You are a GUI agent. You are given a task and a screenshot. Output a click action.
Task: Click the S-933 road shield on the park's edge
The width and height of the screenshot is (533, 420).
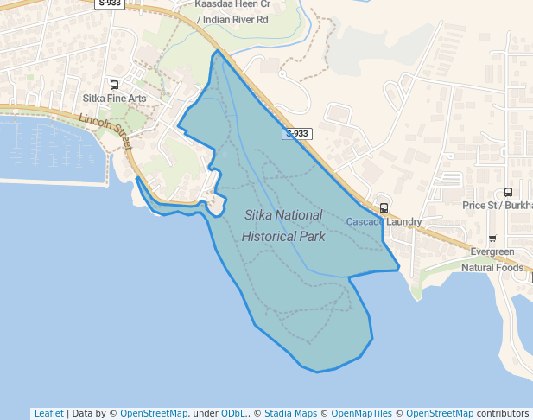tap(296, 134)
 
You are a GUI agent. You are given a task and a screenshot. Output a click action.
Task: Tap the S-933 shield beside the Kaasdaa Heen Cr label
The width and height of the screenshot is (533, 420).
tap(111, 3)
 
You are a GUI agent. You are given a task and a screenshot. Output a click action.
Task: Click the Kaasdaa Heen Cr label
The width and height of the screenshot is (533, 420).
tap(232, 4)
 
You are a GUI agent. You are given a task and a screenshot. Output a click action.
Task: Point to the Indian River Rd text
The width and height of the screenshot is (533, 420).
tap(232, 19)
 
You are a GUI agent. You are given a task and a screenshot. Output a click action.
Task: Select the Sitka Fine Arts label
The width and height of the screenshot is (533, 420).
tap(114, 99)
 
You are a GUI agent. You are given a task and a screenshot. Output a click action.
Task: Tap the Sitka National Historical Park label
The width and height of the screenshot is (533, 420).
tap(283, 225)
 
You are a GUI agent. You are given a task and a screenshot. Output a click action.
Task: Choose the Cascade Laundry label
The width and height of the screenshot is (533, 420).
tap(384, 222)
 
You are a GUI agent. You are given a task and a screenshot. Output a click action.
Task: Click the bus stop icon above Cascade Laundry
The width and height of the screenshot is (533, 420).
tap(384, 207)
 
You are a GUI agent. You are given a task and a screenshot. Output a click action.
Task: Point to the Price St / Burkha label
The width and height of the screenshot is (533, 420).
tap(497, 205)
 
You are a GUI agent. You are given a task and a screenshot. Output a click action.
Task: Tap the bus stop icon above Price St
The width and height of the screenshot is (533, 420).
tap(507, 192)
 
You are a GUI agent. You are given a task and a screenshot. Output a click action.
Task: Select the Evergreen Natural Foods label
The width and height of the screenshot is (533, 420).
tap(492, 259)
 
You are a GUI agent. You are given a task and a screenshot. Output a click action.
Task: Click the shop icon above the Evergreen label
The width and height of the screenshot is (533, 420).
tap(492, 239)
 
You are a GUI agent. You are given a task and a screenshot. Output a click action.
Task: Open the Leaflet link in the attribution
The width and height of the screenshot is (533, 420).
tap(48, 413)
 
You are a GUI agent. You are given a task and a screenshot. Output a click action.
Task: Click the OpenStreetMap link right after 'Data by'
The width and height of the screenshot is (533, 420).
tap(153, 413)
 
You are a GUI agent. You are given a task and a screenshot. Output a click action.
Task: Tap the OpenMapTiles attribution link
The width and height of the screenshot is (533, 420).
tap(361, 413)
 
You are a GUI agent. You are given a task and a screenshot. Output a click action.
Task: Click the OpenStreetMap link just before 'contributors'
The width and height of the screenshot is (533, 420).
tap(440, 413)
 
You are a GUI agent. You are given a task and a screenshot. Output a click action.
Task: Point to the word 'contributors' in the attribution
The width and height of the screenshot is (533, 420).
tap(503, 413)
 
